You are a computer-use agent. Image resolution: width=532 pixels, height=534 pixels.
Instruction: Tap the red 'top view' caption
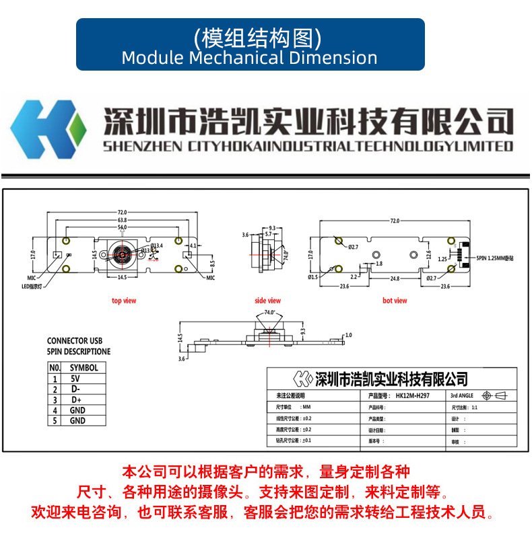(x=124, y=301)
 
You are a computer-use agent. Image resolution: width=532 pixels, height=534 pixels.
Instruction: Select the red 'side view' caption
(x=267, y=301)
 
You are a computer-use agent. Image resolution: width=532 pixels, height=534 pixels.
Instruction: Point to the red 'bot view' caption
(x=395, y=301)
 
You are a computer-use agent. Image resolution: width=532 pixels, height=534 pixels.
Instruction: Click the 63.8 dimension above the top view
(x=122, y=221)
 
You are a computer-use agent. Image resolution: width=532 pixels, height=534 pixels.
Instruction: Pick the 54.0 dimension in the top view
(x=122, y=229)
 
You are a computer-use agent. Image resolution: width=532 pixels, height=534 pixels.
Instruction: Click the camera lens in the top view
(x=123, y=256)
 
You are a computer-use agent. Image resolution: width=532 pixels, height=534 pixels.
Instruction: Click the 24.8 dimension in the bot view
(x=395, y=278)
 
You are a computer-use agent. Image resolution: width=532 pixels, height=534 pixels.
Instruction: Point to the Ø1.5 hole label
(x=314, y=277)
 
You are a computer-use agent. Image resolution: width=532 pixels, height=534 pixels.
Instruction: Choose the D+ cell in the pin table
(x=77, y=400)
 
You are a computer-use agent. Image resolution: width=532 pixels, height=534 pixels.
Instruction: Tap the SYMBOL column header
(x=84, y=368)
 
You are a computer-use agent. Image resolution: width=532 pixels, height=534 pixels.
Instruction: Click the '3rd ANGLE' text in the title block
(x=463, y=396)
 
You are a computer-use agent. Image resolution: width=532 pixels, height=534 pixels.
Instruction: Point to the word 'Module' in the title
(x=152, y=58)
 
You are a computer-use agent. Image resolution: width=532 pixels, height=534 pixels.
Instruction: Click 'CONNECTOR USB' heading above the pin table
(x=74, y=341)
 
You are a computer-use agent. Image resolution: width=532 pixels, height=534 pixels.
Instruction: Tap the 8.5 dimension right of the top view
(x=211, y=262)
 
